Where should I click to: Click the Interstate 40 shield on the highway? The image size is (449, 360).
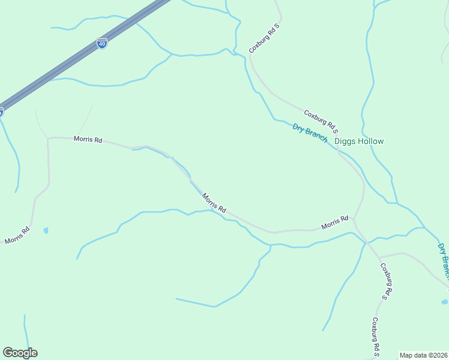(x=102, y=43)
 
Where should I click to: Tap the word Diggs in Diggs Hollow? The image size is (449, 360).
(x=346, y=142)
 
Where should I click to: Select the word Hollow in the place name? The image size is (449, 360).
(x=371, y=142)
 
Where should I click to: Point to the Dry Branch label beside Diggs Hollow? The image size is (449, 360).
(x=310, y=133)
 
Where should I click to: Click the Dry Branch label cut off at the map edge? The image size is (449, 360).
(x=443, y=260)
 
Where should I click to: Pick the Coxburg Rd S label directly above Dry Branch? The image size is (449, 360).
(x=321, y=121)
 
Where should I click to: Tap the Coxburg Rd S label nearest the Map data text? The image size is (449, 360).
(x=376, y=337)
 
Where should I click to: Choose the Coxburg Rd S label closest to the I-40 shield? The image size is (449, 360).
(x=265, y=38)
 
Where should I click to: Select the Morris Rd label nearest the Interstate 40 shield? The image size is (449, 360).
(x=88, y=139)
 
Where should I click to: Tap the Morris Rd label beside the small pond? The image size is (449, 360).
(x=17, y=236)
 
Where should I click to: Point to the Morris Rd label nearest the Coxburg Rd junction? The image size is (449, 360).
(x=334, y=223)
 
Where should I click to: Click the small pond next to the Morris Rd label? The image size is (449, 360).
(x=46, y=230)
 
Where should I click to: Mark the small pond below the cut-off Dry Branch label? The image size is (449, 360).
(x=444, y=301)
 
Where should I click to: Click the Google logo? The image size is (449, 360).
(x=20, y=353)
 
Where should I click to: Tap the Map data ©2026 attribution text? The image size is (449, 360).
(x=424, y=355)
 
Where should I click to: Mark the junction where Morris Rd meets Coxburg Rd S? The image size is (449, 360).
(x=354, y=220)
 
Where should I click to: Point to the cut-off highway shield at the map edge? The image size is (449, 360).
(x=1, y=112)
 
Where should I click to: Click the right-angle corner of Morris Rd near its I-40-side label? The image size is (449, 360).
(x=48, y=138)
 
